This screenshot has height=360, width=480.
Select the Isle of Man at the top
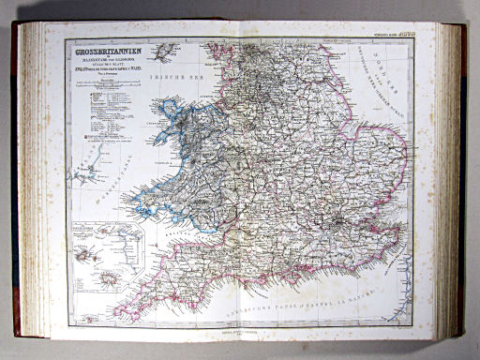(x=169, y=51)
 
